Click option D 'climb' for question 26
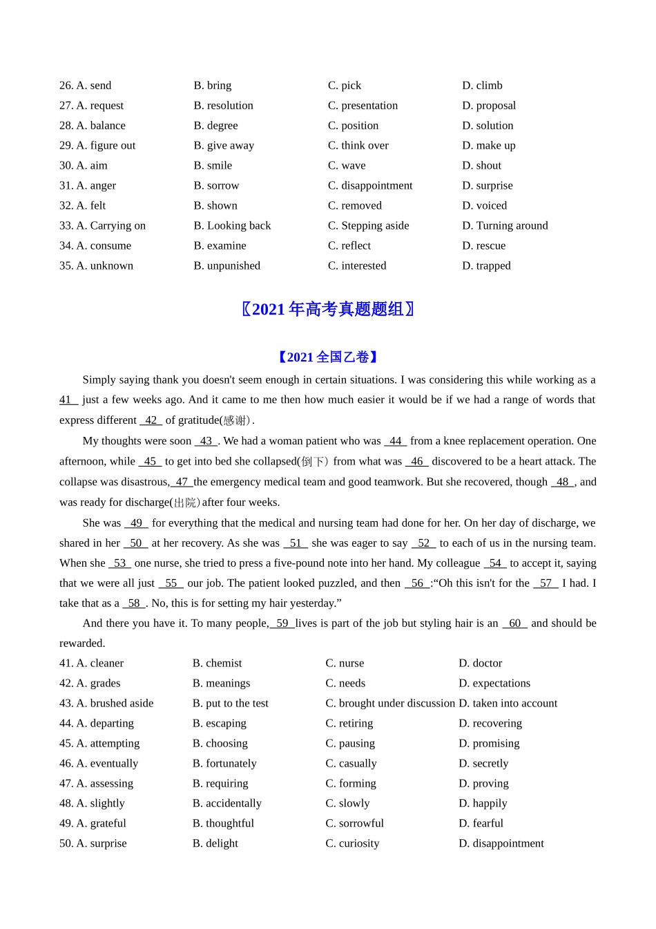click(482, 86)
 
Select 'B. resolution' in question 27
click(223, 106)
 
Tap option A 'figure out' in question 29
click(97, 146)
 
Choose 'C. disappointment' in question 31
click(370, 186)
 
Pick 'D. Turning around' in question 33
click(505, 226)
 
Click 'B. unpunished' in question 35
click(226, 266)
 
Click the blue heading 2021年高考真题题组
click(328, 310)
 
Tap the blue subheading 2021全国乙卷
click(328, 357)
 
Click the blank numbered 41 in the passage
click(67, 400)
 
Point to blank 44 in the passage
click(395, 441)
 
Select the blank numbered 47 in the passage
click(182, 482)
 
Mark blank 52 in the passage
click(423, 543)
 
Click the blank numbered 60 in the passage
click(514, 623)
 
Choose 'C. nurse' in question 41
click(345, 664)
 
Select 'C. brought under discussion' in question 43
click(390, 704)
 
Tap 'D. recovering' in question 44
click(490, 724)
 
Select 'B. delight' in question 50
click(215, 844)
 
